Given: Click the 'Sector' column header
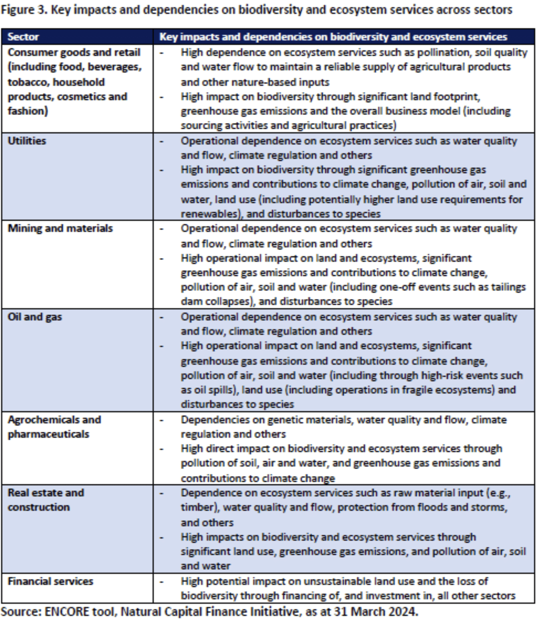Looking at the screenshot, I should coord(23,37).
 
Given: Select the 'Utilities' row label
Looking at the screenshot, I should coord(27,140).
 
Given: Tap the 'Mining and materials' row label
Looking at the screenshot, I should coord(60,228).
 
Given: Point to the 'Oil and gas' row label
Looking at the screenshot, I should coord(35,317).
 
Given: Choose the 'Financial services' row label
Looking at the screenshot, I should coord(50,581).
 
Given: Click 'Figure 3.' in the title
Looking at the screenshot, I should coord(24,10).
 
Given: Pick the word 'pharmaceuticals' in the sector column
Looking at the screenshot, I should coord(49,434).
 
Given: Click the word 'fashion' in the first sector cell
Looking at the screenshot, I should coord(27,111).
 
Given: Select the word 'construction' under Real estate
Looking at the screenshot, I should coord(39,507).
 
